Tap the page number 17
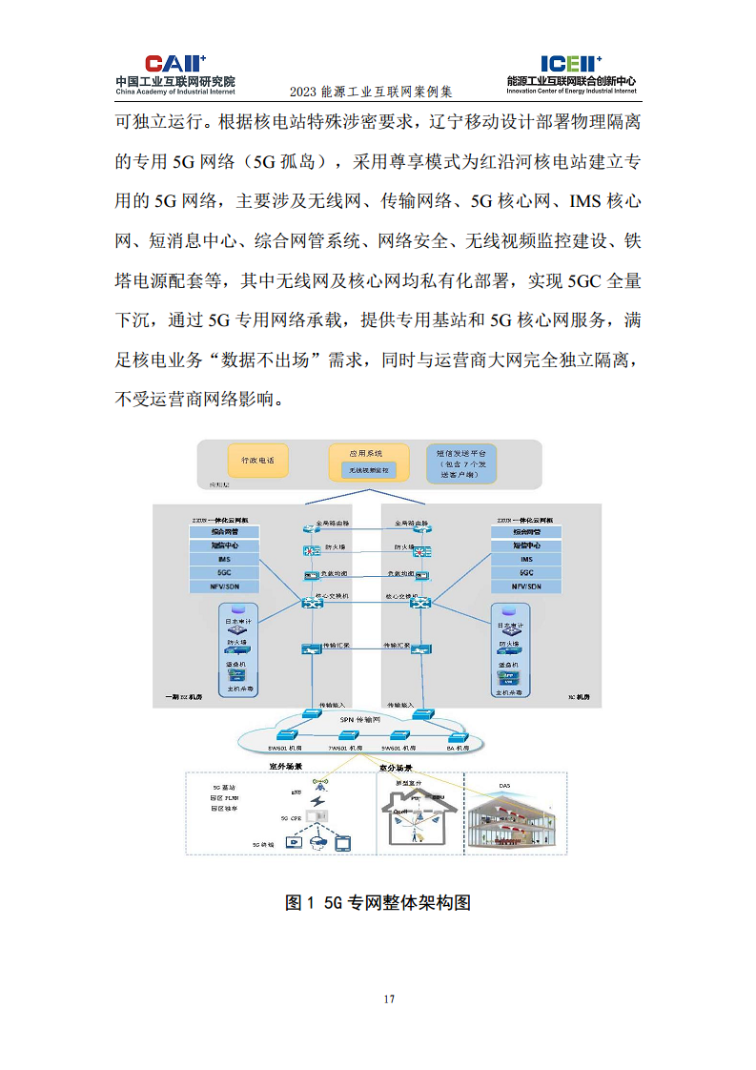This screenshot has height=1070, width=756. (389, 998)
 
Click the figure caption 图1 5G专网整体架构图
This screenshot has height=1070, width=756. (378, 902)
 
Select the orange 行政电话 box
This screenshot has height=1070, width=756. (256, 461)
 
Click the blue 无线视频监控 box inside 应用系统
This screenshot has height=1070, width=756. (367, 470)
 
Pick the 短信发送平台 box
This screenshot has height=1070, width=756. (462, 462)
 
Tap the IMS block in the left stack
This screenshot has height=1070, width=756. (225, 559)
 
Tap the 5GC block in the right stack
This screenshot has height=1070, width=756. (526, 572)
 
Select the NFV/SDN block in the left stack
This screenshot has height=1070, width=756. (225, 586)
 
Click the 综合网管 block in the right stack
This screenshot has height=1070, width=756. (526, 532)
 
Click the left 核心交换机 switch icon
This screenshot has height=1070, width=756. (312, 604)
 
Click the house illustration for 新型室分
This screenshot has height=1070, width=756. (418, 821)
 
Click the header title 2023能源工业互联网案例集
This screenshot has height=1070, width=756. (370, 93)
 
